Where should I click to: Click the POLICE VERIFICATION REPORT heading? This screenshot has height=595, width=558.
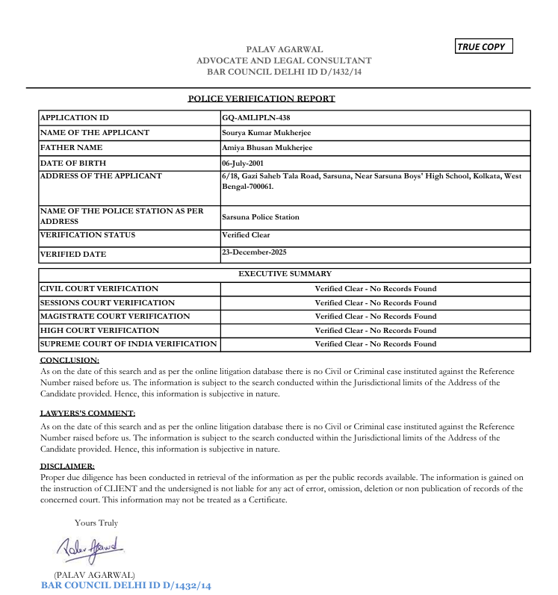click(x=261, y=99)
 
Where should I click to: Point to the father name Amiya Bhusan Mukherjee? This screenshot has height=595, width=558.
click(x=267, y=148)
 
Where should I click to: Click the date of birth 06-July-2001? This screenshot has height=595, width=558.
click(x=242, y=163)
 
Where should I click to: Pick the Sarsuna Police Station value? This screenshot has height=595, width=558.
click(x=261, y=217)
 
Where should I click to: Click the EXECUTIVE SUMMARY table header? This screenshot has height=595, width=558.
click(x=285, y=274)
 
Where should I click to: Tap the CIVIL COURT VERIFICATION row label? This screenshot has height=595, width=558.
click(x=99, y=289)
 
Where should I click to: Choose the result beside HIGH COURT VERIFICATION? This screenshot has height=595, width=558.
click(x=375, y=330)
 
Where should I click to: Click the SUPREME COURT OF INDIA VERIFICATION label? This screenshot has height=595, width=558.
click(x=128, y=344)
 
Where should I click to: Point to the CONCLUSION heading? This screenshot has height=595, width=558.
click(x=69, y=360)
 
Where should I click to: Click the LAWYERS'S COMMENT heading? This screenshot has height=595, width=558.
click(x=87, y=413)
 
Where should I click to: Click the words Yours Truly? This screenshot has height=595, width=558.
click(x=96, y=523)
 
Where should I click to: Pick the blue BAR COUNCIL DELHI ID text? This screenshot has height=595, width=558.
click(x=126, y=586)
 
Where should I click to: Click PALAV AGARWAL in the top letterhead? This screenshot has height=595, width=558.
click(x=284, y=49)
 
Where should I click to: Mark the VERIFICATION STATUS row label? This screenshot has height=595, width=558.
click(x=88, y=235)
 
